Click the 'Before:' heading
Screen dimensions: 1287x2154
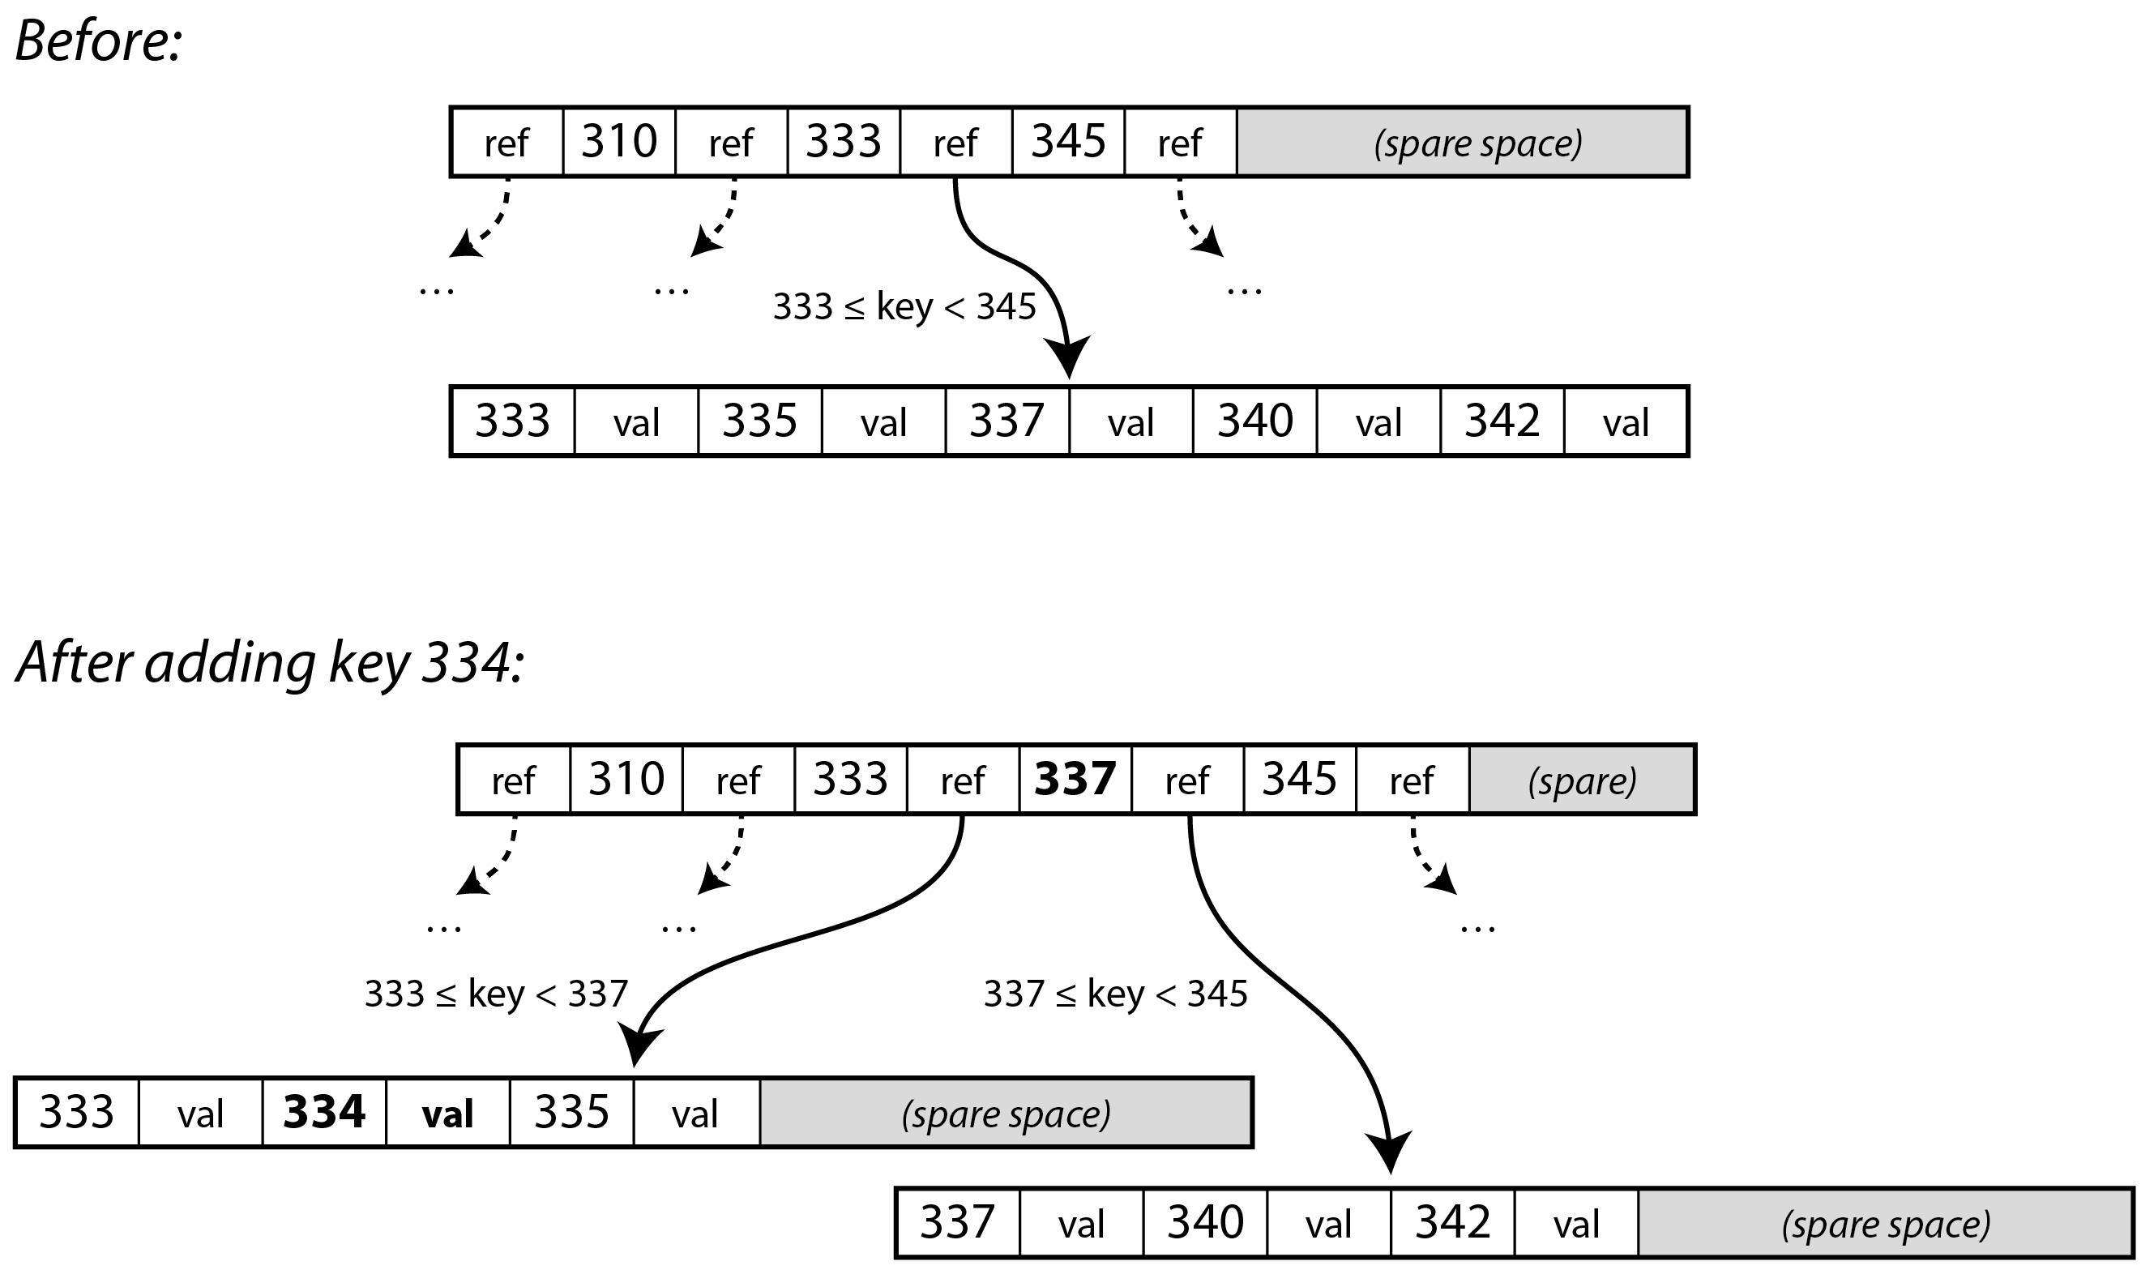[98, 41]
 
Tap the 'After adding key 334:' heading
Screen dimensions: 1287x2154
[270, 663]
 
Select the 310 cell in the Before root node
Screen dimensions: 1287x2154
[618, 142]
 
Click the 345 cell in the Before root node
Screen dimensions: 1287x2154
[1067, 142]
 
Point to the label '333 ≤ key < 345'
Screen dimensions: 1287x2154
[904, 307]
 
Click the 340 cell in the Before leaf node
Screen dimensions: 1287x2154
[1254, 421]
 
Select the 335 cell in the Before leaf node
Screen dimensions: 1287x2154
[759, 421]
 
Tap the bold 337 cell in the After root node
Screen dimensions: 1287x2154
[1075, 780]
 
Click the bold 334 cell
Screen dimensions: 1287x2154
[323, 1113]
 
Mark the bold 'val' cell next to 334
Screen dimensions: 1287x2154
[447, 1114]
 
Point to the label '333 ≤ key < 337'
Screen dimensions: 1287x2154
[495, 994]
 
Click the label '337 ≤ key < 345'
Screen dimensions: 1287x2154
[1115, 994]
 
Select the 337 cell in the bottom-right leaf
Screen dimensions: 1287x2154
[956, 1223]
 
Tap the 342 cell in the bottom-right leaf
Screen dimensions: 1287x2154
[1452, 1223]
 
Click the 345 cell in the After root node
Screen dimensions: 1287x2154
[1299, 780]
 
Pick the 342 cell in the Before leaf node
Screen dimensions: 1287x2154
[1502, 421]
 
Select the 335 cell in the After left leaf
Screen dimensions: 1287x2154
[571, 1113]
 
